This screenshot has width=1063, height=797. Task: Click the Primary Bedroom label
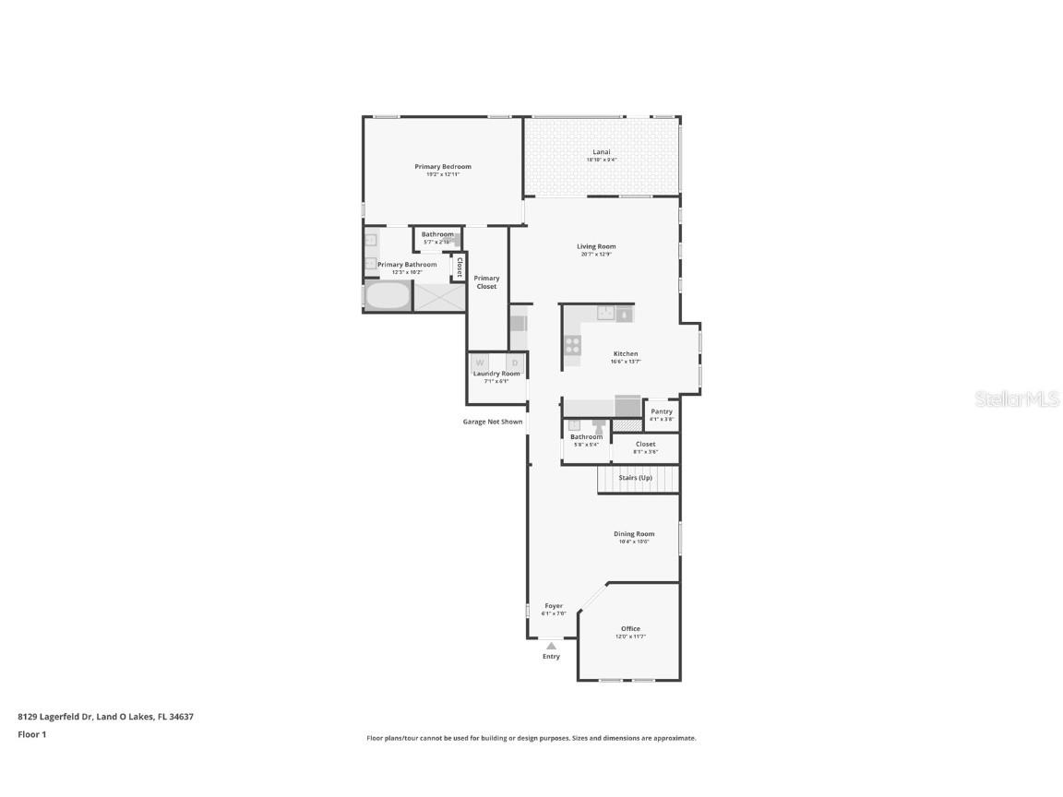(x=443, y=167)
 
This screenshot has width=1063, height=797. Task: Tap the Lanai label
(x=602, y=152)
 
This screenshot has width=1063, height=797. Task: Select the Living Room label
(x=596, y=246)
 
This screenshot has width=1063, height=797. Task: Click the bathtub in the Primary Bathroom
(x=388, y=296)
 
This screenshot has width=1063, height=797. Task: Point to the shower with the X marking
(x=439, y=296)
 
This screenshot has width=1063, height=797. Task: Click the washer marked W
(x=480, y=363)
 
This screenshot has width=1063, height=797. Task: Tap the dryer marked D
(x=515, y=363)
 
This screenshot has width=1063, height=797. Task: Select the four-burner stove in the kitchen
(x=572, y=346)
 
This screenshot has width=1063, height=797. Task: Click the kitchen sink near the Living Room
(x=606, y=314)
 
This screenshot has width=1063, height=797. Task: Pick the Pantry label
(x=662, y=411)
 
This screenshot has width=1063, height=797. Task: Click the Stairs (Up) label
(x=635, y=478)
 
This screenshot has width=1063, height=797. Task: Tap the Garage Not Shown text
(x=493, y=422)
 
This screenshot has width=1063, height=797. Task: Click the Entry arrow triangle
(x=551, y=646)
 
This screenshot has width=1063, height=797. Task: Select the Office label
(x=630, y=629)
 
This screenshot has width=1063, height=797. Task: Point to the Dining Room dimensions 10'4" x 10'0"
(x=634, y=541)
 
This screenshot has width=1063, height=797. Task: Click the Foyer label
(x=553, y=606)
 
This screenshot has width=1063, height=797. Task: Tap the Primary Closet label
(x=486, y=281)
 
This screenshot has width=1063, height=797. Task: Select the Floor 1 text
(x=31, y=734)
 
